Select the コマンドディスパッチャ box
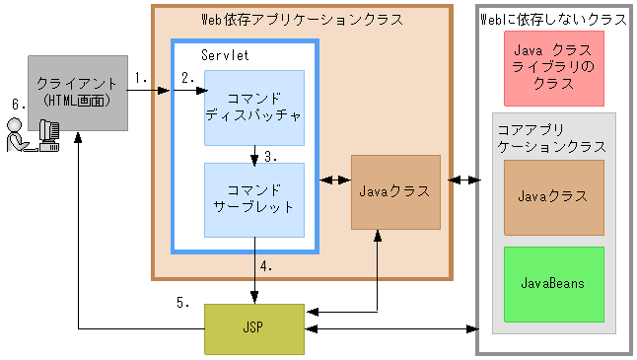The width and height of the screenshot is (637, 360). tap(253, 108)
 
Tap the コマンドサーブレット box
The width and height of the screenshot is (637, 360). tap(253, 200)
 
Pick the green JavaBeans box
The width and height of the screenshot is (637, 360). tap(552, 284)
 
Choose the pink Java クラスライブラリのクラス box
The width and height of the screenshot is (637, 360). tap(552, 68)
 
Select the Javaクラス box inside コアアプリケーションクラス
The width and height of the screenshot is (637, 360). tap(552, 195)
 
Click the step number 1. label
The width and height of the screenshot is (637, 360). tap(142, 77)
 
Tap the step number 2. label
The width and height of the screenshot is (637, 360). tap(188, 77)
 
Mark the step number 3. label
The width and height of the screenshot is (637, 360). tap(270, 156)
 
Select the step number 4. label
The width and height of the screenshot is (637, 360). tap(266, 266)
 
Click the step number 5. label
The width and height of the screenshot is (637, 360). tap(183, 303)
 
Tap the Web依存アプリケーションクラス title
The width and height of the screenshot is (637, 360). tap(302, 19)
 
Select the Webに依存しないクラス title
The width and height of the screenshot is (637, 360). tap(553, 19)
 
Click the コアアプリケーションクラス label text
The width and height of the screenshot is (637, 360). tap(552, 137)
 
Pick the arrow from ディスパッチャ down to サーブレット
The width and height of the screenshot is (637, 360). tap(254, 155)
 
